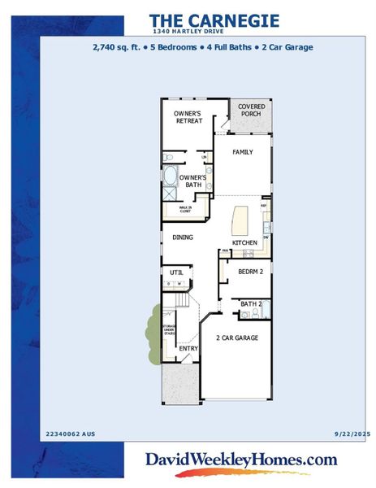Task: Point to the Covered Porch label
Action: point(250,110)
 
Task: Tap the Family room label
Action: point(243,152)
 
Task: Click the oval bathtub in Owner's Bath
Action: point(170,176)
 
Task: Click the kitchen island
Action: point(242,220)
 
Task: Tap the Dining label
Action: point(182,237)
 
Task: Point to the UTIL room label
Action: point(175,272)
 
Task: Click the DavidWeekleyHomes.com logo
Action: point(240,460)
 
